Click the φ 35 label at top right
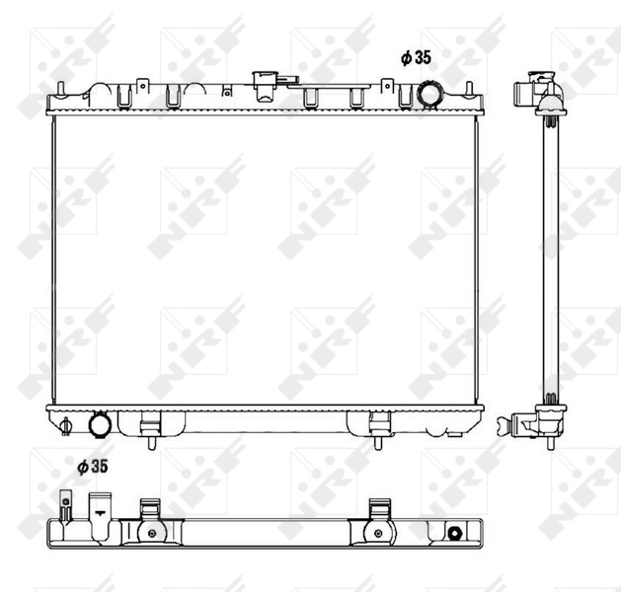click(416, 58)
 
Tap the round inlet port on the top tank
click(431, 93)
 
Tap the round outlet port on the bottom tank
click(100, 424)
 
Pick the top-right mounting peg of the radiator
click(478, 90)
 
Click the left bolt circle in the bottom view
click(149, 533)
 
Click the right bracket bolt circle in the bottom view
click(377, 533)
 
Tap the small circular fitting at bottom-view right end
click(454, 533)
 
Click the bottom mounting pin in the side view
click(549, 440)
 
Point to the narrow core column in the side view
click(550, 257)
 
